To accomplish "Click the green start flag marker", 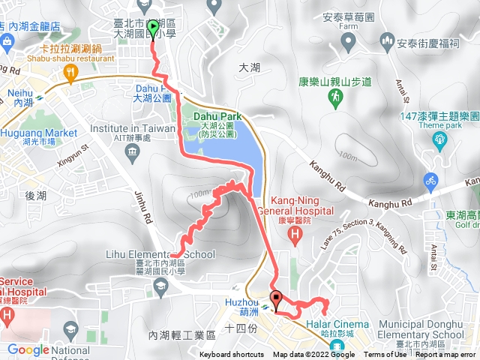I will tap(154, 29).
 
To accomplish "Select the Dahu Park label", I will tap(217, 117).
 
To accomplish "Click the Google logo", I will tap(28, 349).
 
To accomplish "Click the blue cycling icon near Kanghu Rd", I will tap(430, 181).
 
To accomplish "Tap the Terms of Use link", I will tap(384, 355).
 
